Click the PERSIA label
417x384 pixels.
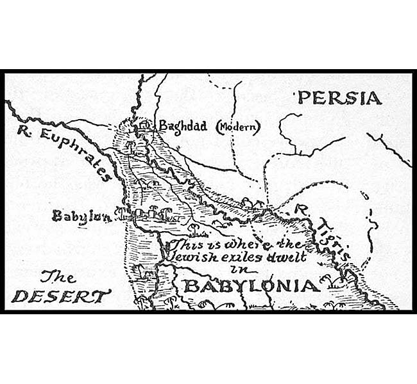(x=339, y=98)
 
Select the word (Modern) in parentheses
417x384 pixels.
(x=237, y=127)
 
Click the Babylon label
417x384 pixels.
(x=81, y=216)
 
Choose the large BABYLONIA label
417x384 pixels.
(x=251, y=285)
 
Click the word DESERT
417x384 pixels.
(x=61, y=296)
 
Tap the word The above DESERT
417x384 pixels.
(x=58, y=276)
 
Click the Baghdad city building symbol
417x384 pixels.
(x=144, y=125)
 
